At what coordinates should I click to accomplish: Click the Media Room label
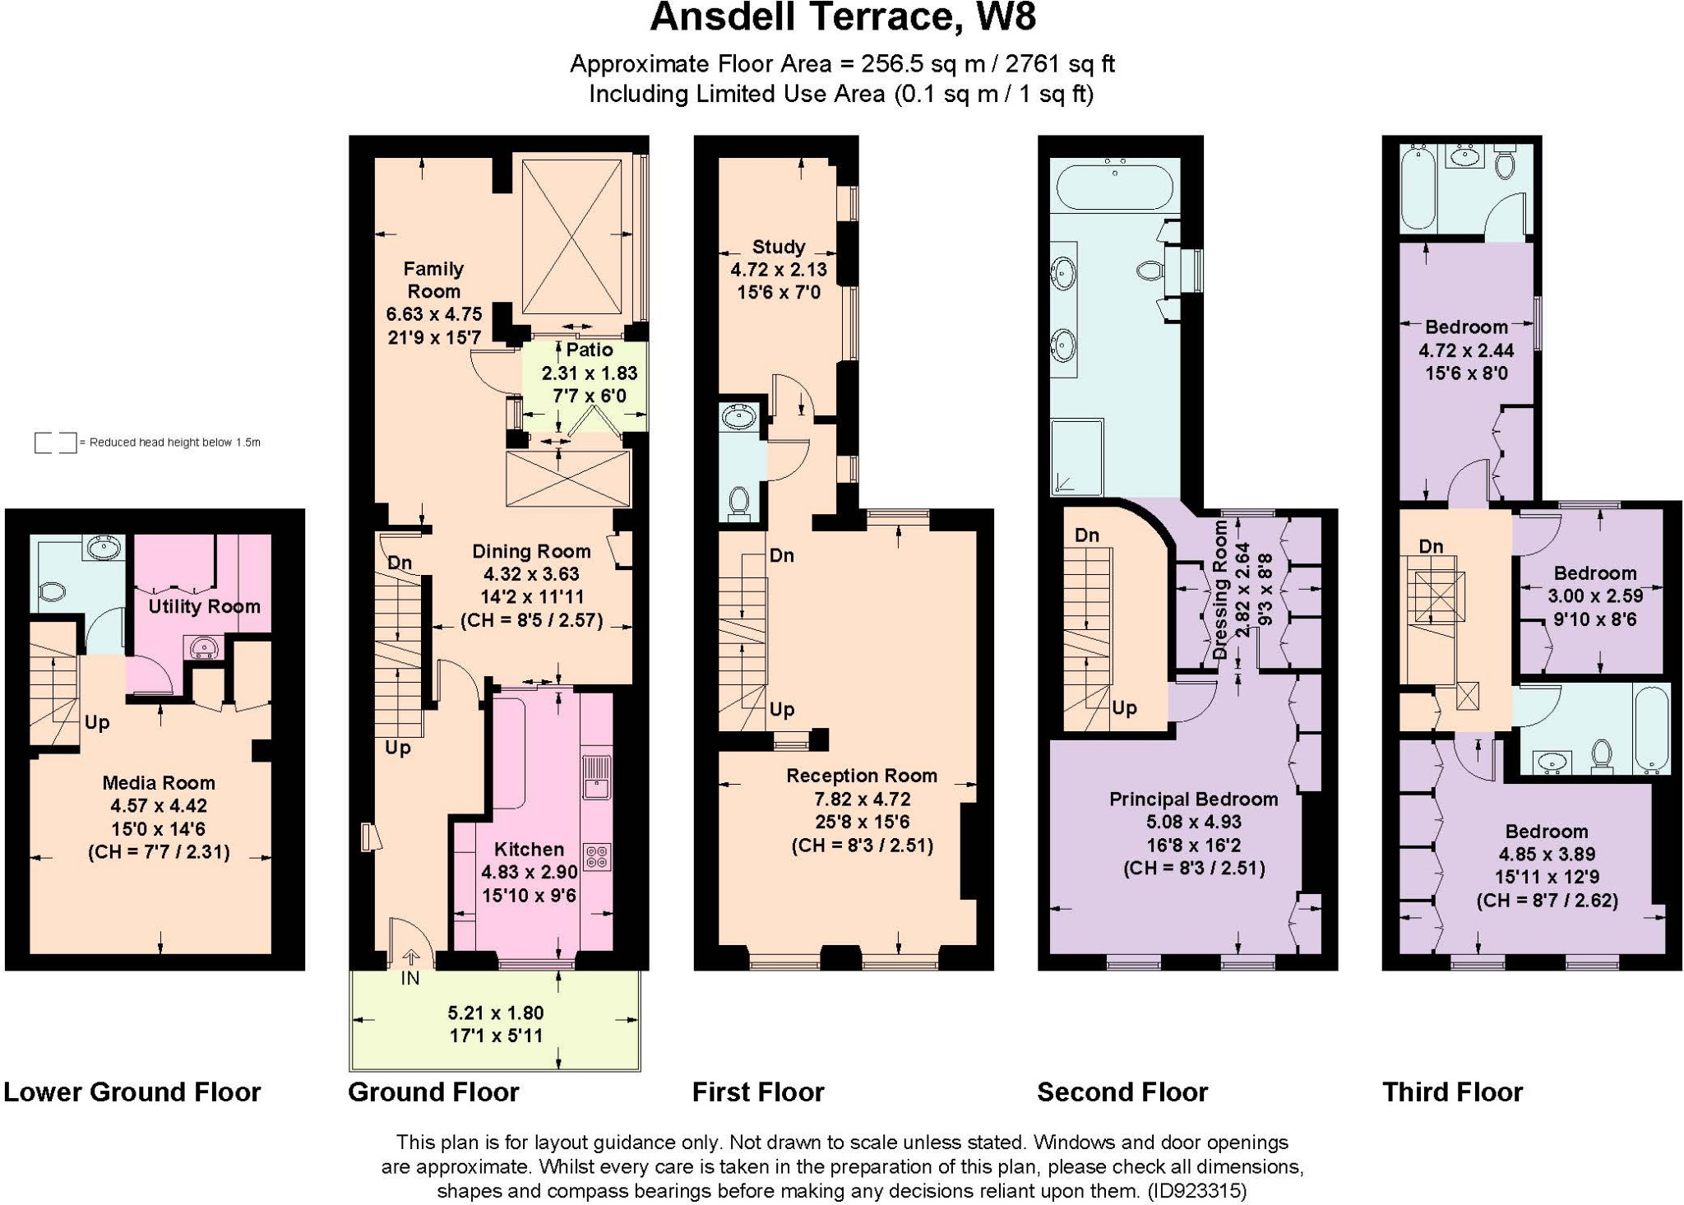(158, 782)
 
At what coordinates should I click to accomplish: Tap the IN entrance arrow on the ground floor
(410, 959)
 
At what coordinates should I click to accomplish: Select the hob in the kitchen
(596, 857)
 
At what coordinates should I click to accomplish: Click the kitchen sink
(596, 777)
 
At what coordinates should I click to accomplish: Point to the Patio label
(589, 350)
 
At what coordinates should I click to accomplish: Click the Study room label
(778, 247)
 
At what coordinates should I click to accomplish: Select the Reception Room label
(861, 775)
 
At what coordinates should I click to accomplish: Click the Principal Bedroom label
(1193, 799)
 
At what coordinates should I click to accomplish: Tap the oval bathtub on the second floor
(1114, 189)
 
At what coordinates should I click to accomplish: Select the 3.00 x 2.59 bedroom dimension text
(1594, 596)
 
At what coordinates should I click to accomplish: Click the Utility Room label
(204, 606)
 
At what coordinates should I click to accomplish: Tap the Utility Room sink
(202, 648)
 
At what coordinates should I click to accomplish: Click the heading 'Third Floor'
(1452, 1091)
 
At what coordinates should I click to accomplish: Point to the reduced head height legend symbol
(55, 443)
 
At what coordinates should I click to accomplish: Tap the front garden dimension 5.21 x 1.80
(496, 1013)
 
